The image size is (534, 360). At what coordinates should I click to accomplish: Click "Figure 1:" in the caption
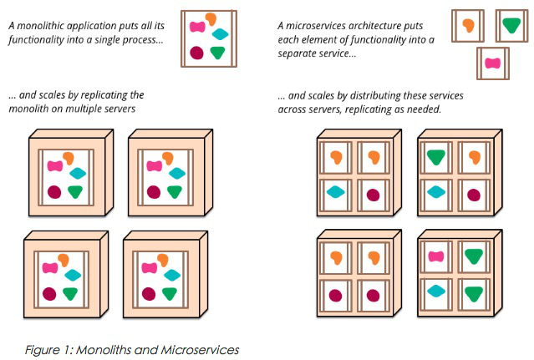click(47, 349)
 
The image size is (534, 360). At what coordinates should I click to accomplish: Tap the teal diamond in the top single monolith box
click(221, 34)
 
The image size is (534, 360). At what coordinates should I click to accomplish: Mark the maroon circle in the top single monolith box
click(197, 53)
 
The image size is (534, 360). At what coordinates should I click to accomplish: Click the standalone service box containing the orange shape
click(468, 25)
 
